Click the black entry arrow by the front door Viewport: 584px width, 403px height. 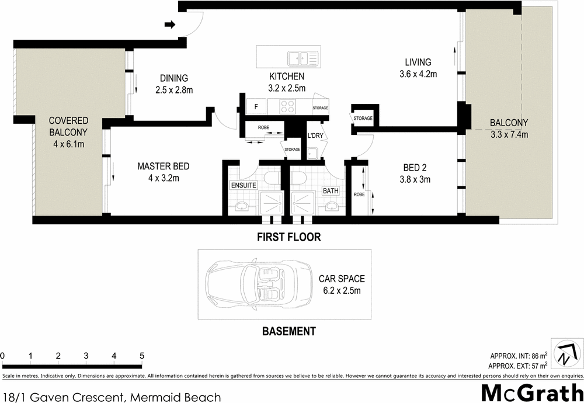pos(170,25)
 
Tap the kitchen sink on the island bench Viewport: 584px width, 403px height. pos(302,58)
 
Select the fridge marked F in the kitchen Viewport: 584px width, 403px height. pos(256,107)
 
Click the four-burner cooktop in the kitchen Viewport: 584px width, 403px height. pos(288,107)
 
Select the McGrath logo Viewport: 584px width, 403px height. pos(531,392)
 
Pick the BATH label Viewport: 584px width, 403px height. pos(330,191)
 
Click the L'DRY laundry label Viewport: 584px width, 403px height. pos(315,136)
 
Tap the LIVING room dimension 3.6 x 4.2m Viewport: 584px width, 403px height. pos(418,74)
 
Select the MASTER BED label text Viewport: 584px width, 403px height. pos(164,166)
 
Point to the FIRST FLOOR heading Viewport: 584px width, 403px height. pos(290,237)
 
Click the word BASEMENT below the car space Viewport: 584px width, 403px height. pos(288,331)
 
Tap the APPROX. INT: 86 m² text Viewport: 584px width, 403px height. pos(519,355)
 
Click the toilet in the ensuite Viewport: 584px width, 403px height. pos(272,177)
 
